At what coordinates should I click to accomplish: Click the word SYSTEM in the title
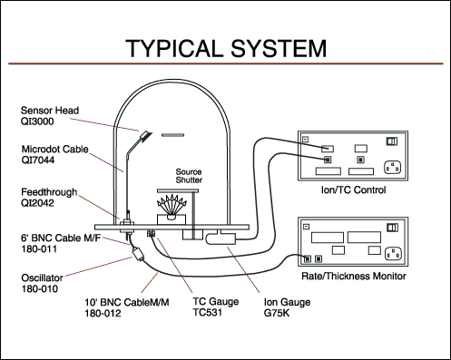click(x=279, y=48)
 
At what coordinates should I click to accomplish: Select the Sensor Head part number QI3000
click(x=37, y=122)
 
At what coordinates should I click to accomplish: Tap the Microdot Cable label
click(x=54, y=149)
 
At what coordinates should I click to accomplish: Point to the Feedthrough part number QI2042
click(x=37, y=203)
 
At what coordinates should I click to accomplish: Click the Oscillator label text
click(x=42, y=277)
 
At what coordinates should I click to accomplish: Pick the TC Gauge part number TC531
click(x=208, y=312)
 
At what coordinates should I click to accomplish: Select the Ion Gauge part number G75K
click(x=277, y=313)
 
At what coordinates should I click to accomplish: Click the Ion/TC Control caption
click(x=353, y=190)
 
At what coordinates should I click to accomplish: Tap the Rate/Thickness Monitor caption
click(x=354, y=276)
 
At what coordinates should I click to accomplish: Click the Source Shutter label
click(x=189, y=176)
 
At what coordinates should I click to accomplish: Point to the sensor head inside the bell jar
click(x=145, y=135)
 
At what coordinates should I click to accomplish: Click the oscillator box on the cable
click(x=139, y=254)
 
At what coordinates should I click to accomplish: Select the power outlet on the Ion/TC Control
click(x=392, y=168)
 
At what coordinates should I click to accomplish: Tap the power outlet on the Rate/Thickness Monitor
click(x=393, y=253)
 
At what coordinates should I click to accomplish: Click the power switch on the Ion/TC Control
click(x=392, y=141)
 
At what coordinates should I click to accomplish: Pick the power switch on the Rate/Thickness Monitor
click(x=392, y=228)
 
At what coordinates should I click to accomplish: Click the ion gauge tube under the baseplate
click(x=221, y=238)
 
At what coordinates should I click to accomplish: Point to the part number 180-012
click(x=103, y=313)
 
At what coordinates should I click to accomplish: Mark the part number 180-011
click(x=39, y=249)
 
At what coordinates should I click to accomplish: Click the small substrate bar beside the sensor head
click(x=172, y=135)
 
